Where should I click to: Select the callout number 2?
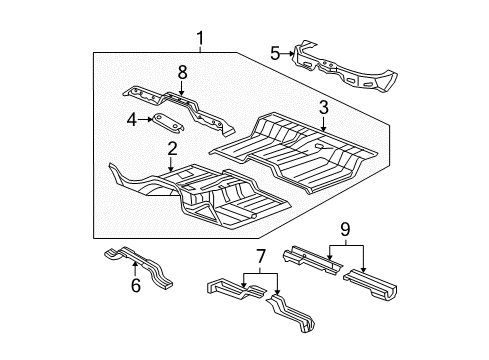click(171, 149)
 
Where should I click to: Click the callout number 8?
click(181, 73)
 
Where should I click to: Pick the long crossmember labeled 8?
click(180, 105)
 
